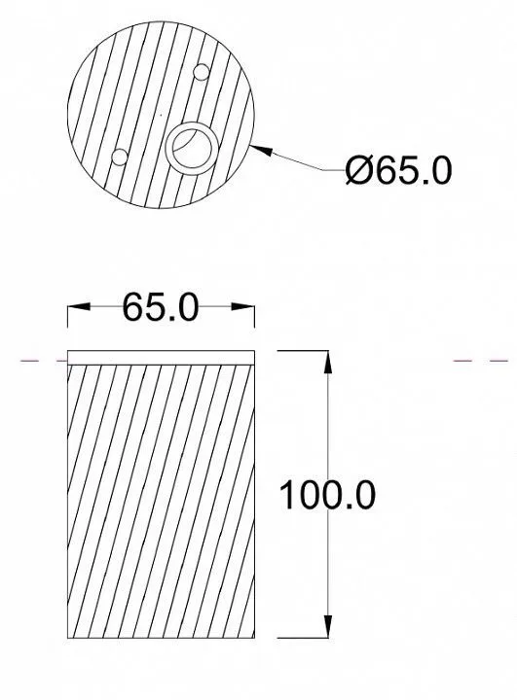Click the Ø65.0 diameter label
(x=398, y=170)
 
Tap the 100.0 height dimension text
(x=327, y=495)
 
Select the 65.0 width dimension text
(x=160, y=307)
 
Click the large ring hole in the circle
(x=193, y=149)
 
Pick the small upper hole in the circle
(x=201, y=72)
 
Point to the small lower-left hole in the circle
(x=120, y=157)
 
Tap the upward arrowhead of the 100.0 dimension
(x=328, y=363)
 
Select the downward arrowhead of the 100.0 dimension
(x=328, y=626)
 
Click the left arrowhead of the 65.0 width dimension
(x=79, y=306)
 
